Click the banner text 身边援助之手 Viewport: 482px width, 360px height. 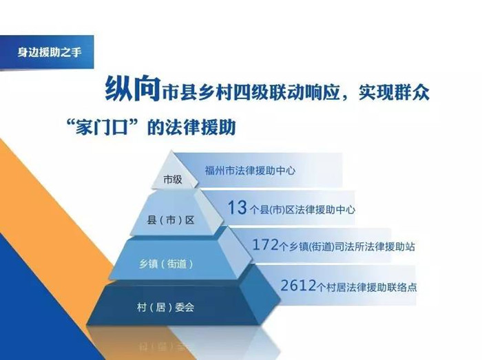49,52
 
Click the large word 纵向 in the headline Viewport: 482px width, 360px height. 133,89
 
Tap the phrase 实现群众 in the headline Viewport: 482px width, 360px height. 394,92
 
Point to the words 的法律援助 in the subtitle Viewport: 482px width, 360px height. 192,127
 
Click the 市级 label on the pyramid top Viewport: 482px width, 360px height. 173,179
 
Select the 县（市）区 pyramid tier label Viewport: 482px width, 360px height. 171,220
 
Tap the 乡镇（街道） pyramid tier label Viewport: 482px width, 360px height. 167,264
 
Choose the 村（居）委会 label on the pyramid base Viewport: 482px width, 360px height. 166,307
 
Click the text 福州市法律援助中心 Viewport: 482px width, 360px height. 250,171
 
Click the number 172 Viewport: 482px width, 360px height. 265,245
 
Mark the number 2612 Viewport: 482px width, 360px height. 298,286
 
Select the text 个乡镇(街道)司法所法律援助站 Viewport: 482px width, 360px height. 347,246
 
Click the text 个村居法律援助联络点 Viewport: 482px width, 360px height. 367,287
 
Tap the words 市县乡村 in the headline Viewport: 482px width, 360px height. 197,92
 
